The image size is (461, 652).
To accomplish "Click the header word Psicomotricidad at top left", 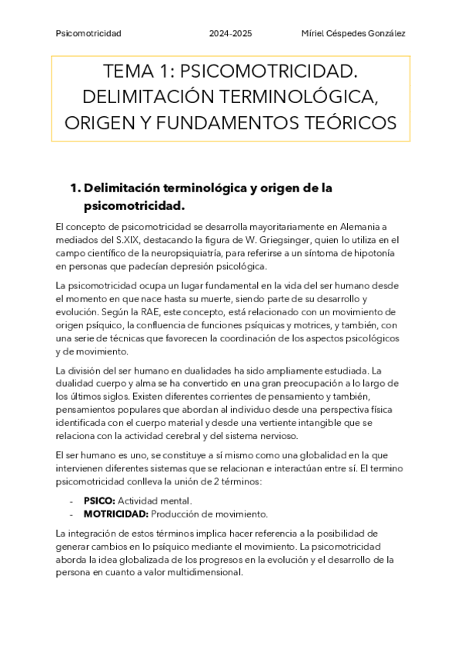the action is point(89,34).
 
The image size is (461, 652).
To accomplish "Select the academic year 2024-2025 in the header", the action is point(230,34).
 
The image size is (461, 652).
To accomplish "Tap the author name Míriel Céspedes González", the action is point(353,34).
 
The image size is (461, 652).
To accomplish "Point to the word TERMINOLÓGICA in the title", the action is point(308,98).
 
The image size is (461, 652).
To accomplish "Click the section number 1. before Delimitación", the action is point(75,188).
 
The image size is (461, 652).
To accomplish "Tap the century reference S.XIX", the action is point(147,240).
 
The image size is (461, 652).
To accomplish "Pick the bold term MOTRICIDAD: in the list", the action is point(115,514).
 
